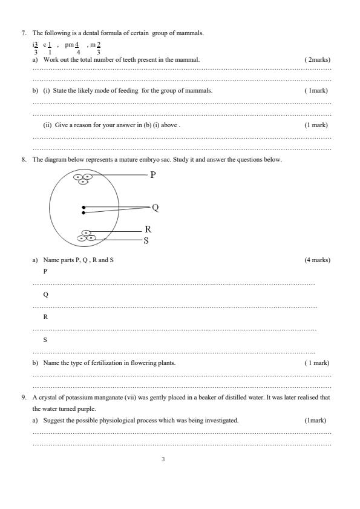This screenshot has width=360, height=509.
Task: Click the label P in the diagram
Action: click(x=153, y=175)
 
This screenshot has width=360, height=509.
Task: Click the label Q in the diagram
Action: click(x=155, y=208)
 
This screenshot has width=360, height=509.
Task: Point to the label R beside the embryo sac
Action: click(x=148, y=229)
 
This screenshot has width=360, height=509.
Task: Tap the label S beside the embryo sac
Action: click(x=146, y=240)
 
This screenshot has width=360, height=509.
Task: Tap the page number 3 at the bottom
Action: click(x=162, y=459)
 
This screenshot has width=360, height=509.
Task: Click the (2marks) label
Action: click(x=317, y=60)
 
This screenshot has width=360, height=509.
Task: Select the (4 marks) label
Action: click(x=317, y=260)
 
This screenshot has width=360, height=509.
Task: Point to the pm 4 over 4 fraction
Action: click(x=73, y=48)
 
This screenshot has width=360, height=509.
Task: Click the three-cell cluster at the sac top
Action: click(x=83, y=179)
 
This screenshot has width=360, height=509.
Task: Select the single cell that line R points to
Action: click(x=87, y=232)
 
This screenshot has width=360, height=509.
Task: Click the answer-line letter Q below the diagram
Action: click(x=46, y=294)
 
